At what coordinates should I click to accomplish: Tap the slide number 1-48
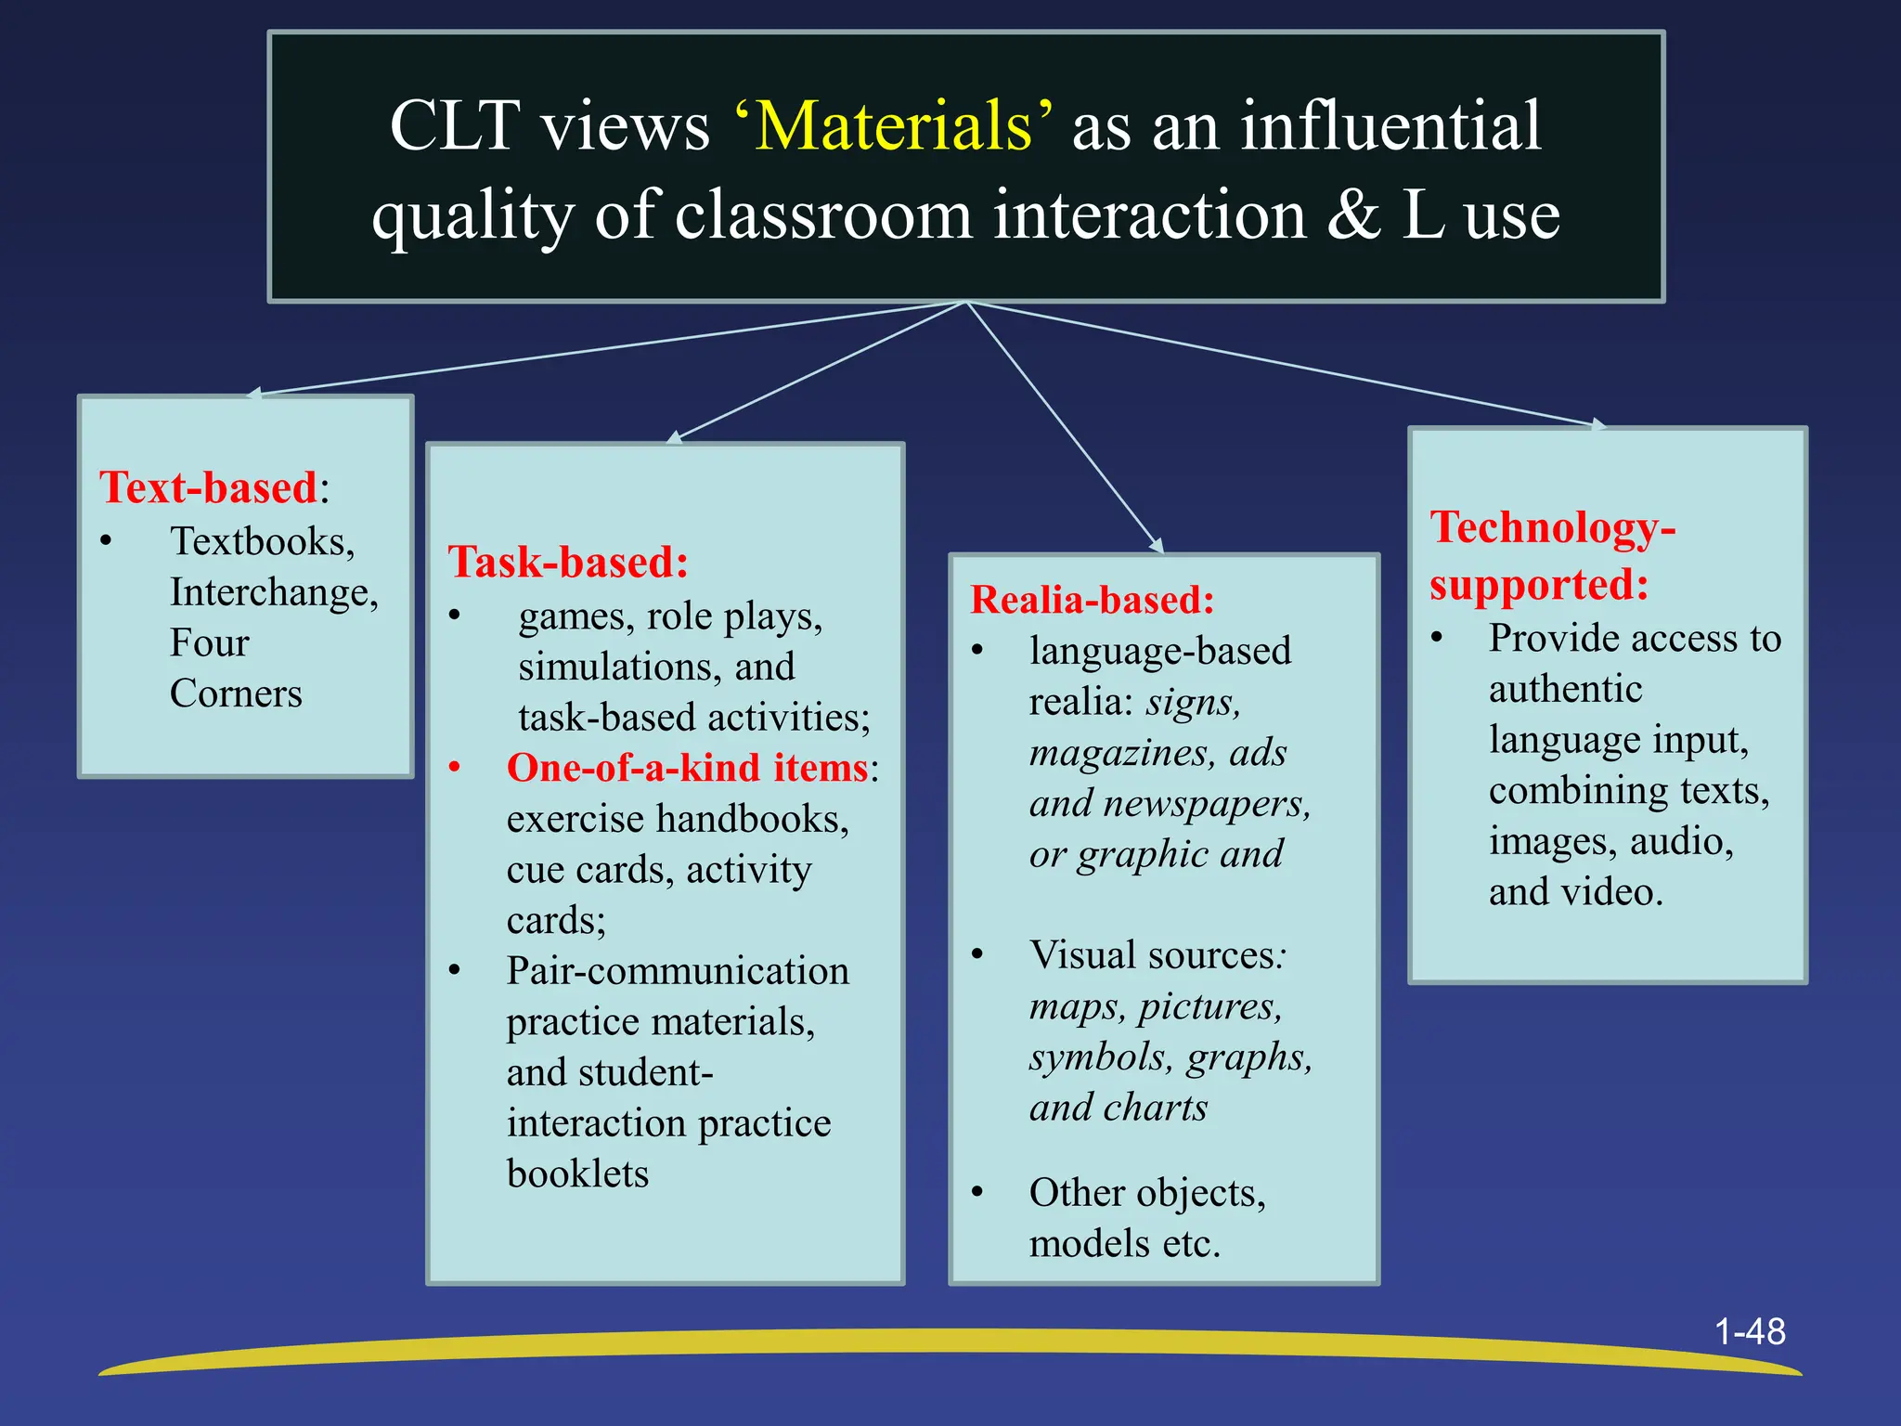(x=1749, y=1331)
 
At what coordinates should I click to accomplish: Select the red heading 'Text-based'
(x=209, y=487)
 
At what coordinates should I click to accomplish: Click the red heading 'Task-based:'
(x=568, y=562)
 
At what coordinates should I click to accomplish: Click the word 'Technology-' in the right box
(x=1553, y=527)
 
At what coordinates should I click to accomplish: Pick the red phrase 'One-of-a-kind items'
(x=687, y=768)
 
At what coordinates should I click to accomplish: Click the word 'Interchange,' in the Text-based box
(x=274, y=592)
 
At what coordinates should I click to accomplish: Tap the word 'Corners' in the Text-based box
(x=236, y=694)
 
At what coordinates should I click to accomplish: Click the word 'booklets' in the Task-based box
(x=577, y=1173)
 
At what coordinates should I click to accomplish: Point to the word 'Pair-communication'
(x=678, y=971)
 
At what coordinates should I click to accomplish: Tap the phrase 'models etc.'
(x=1124, y=1243)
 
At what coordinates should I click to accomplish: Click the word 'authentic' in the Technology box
(x=1565, y=689)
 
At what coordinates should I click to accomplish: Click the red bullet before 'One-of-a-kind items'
(x=455, y=768)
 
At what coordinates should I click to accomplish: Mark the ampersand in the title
(x=1353, y=214)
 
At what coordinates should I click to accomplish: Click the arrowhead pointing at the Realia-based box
(x=1157, y=545)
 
